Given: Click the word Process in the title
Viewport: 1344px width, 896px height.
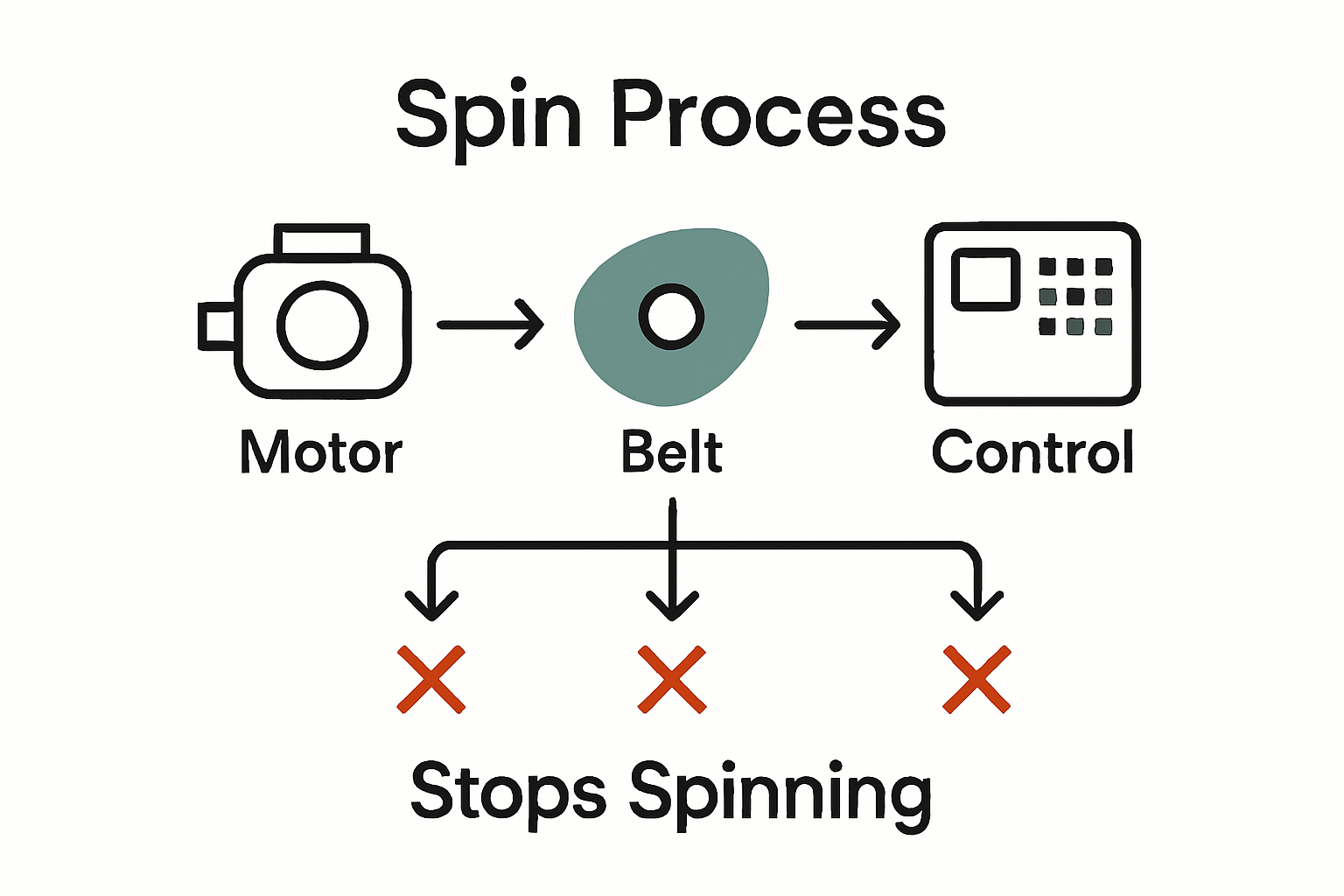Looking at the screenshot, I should tap(778, 115).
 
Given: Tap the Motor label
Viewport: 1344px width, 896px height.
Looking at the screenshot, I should tap(321, 452).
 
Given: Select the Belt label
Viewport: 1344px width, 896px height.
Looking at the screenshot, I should tap(672, 452).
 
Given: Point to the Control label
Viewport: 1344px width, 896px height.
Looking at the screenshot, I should tap(1032, 452).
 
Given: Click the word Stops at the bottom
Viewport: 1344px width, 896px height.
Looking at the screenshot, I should tap(507, 791).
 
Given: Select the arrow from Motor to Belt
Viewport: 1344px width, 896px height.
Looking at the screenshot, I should tap(491, 325).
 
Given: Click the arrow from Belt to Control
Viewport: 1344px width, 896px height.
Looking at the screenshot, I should tap(847, 325).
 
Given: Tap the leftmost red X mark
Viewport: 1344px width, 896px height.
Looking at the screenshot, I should tap(430, 680).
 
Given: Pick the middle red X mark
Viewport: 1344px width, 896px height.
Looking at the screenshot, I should tap(672, 680).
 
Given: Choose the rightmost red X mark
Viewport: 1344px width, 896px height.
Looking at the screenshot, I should tap(976, 680).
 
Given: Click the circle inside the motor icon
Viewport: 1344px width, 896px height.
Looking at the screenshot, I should tap(322, 325).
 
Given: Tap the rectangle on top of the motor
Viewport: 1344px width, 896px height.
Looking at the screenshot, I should tap(322, 240).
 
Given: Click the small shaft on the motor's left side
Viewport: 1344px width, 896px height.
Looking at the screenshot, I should tap(216, 325).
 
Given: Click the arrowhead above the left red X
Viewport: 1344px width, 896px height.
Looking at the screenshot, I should tap(431, 605).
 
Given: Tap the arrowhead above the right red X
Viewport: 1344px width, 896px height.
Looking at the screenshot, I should tap(977, 605).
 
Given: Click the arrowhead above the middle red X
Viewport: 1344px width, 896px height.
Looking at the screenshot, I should tap(672, 605).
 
